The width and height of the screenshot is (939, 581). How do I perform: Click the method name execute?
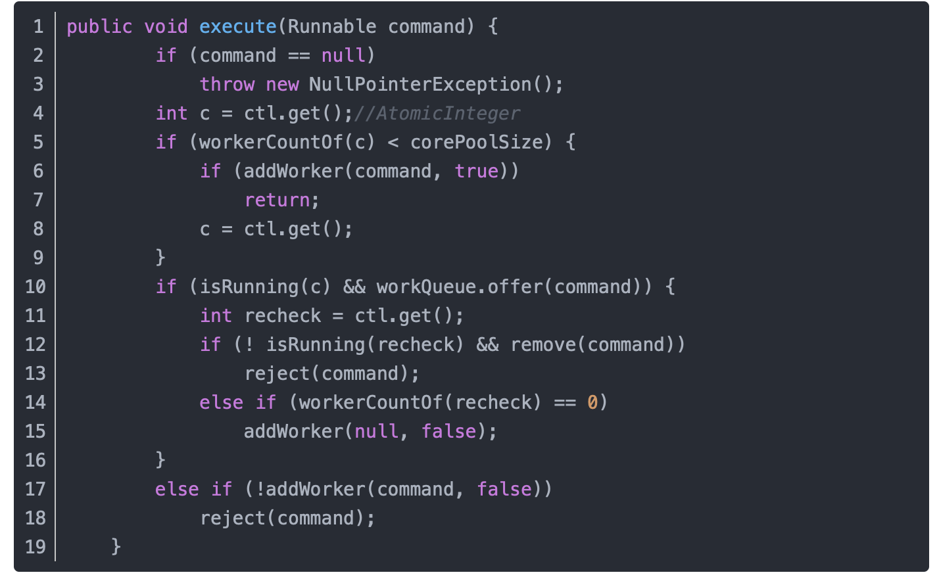tap(237, 27)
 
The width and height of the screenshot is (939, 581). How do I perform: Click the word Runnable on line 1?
tap(331, 27)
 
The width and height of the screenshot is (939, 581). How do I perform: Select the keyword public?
tap(99, 27)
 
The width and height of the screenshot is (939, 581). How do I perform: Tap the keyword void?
tap(166, 27)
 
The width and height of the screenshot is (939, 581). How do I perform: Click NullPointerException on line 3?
tap(420, 85)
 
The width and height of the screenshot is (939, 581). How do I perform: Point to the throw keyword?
tap(227, 85)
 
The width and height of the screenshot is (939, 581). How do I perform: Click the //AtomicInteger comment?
tap(437, 114)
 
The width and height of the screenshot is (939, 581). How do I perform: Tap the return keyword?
tap(277, 200)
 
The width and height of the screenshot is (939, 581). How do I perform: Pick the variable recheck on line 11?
tap(283, 316)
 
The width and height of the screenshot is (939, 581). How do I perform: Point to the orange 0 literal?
tap(592, 402)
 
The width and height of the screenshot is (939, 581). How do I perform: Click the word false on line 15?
tap(448, 432)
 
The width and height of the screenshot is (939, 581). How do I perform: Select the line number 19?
tap(36, 547)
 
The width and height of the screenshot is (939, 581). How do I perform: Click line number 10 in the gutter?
tap(36, 287)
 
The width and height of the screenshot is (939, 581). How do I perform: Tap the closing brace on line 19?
tap(116, 547)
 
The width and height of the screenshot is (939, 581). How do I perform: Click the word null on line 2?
tap(343, 56)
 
